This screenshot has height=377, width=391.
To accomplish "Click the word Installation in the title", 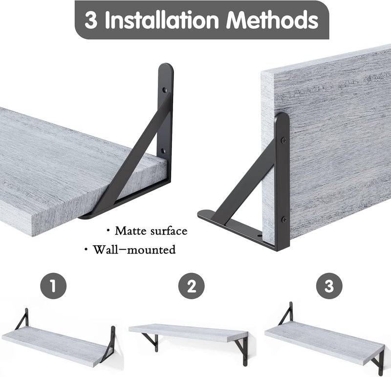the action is point(162,20).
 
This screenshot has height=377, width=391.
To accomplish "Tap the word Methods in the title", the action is point(272,20).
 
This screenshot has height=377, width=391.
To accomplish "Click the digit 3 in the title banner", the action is point(91,20).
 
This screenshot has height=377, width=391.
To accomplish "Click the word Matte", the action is point(130,230).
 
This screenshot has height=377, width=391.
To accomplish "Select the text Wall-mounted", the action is point(134,250).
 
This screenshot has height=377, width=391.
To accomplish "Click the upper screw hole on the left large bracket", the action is point(164,90).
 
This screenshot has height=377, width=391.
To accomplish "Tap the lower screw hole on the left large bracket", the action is point(163,151).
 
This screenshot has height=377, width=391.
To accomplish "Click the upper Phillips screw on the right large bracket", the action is point(284,141).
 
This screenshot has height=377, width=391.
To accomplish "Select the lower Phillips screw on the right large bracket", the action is point(284,220).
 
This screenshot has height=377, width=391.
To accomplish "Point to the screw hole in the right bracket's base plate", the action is point(260,235).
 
